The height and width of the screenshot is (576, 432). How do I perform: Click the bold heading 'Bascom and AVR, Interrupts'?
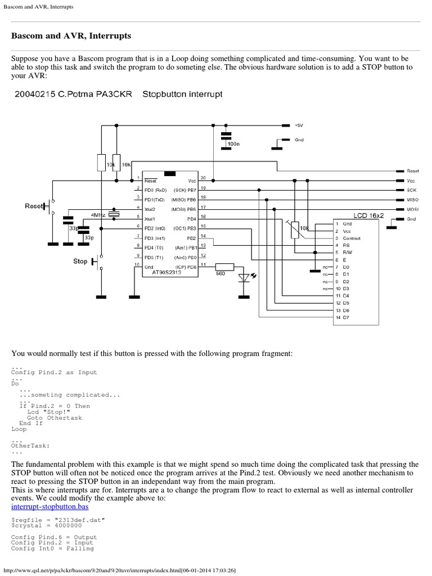tap(71, 35)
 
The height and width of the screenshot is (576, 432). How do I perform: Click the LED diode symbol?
tap(244, 276)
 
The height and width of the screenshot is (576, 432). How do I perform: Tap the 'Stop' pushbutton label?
tap(80, 261)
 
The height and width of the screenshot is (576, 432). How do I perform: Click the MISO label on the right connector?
tap(412, 200)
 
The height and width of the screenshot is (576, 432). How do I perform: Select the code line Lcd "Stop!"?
tap(49, 412)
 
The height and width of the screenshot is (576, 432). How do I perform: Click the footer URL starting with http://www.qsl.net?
tap(119, 570)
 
